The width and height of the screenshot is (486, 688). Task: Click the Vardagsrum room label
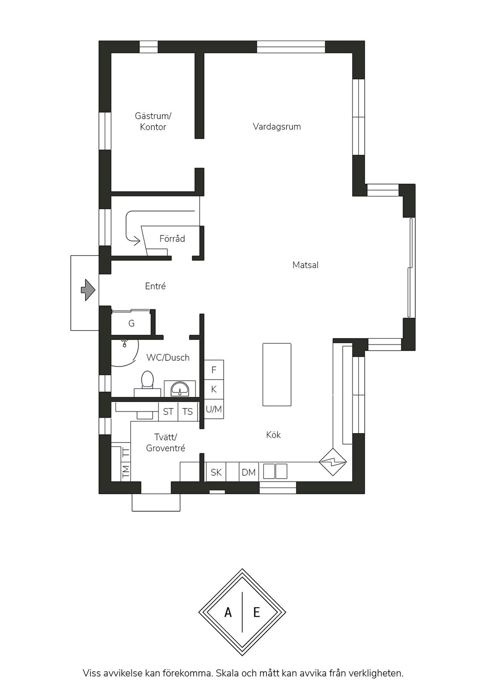click(x=276, y=127)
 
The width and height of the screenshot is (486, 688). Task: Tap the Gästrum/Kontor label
click(x=153, y=121)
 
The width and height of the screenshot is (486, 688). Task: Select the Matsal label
click(x=305, y=265)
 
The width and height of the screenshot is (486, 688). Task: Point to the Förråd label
click(x=172, y=239)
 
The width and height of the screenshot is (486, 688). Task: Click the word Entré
click(x=155, y=286)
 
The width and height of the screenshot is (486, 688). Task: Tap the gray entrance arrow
click(x=88, y=290)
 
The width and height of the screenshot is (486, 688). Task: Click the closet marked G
click(x=131, y=324)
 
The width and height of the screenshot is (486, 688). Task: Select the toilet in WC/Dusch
click(x=147, y=381)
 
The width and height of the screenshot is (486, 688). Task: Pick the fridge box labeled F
click(x=214, y=370)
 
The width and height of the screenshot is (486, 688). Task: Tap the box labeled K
click(x=214, y=390)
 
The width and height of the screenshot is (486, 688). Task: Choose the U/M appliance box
click(x=214, y=409)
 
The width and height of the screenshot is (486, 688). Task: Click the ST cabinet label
click(x=168, y=412)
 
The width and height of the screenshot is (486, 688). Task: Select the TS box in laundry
click(x=188, y=412)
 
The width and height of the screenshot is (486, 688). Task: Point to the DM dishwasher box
click(x=249, y=472)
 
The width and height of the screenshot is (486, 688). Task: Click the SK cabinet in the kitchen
click(x=216, y=472)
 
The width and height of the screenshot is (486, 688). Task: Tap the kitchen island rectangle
click(x=277, y=374)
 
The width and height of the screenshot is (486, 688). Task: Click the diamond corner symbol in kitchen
click(x=333, y=462)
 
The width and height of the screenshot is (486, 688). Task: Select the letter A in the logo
click(x=228, y=612)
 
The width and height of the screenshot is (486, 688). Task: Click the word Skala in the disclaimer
click(x=227, y=673)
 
